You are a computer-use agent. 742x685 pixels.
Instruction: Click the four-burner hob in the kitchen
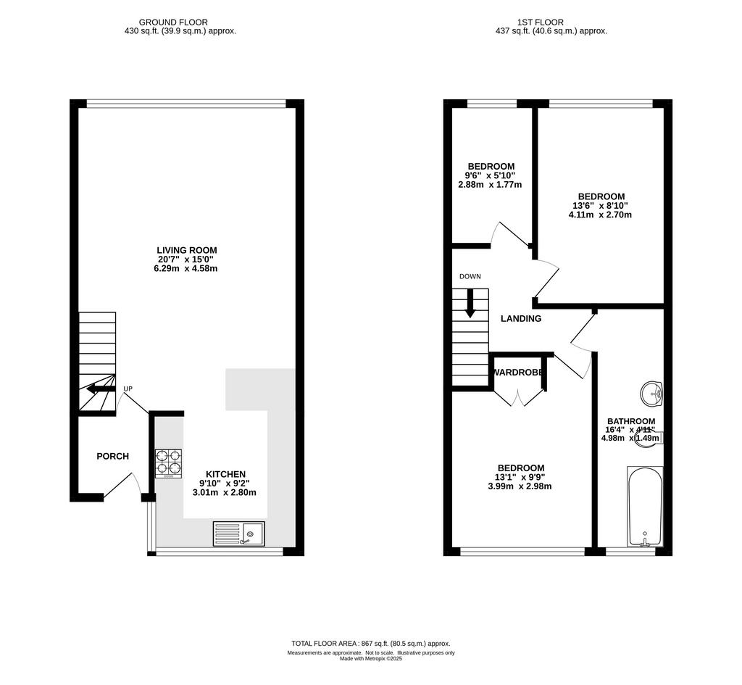click(168, 463)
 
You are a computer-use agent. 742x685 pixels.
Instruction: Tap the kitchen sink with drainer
click(239, 534)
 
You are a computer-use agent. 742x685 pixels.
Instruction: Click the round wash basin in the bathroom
click(651, 394)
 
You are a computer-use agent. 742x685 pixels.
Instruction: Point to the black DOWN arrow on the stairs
click(470, 304)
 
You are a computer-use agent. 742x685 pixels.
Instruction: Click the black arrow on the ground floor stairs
click(101, 389)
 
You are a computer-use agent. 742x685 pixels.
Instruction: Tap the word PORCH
click(112, 457)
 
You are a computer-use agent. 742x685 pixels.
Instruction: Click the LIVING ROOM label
click(187, 250)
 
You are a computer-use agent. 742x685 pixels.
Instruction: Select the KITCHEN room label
click(226, 474)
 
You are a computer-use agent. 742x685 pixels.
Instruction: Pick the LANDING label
click(521, 319)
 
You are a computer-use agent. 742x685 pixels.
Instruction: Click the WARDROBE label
click(519, 373)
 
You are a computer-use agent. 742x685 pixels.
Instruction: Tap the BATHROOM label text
click(631, 421)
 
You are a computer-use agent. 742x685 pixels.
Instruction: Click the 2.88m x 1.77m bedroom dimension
click(491, 185)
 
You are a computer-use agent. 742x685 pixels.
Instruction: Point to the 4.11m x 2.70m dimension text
click(600, 215)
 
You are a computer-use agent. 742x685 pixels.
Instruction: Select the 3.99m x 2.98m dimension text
click(520, 486)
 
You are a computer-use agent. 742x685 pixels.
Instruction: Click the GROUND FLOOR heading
click(173, 22)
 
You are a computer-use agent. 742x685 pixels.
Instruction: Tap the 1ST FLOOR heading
click(541, 22)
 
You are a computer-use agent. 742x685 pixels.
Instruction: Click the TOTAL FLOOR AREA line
click(371, 644)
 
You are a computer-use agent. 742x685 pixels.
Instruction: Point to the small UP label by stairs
click(128, 389)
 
